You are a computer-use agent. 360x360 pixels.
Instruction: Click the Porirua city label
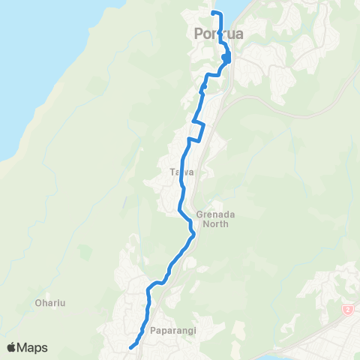(x=218, y=34)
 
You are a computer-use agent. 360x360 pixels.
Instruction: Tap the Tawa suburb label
(x=182, y=172)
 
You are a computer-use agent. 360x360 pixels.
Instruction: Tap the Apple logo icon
(x=12, y=347)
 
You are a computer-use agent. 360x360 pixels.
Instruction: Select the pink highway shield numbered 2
(x=347, y=309)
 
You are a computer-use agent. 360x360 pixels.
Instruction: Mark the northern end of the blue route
(x=213, y=13)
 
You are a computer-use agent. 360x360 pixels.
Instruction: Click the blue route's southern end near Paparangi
(x=130, y=347)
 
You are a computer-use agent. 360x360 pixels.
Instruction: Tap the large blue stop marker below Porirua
(x=226, y=58)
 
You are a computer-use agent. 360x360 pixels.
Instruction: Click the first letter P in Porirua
(x=199, y=34)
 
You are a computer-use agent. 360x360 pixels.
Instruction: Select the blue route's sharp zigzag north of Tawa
(x=196, y=130)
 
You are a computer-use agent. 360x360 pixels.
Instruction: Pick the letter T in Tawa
(x=173, y=172)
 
